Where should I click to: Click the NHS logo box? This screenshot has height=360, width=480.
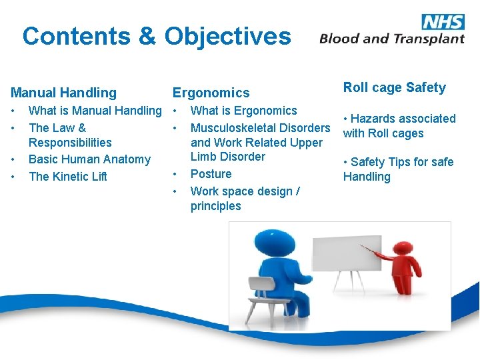pos(443,21)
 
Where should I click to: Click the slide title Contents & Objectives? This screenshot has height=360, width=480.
pos(157,36)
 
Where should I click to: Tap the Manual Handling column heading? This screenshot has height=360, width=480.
pos(63,93)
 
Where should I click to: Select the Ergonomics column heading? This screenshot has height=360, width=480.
pos(211,93)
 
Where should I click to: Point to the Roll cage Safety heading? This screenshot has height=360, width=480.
pos(394,87)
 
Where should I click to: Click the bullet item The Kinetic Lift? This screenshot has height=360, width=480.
pos(68,177)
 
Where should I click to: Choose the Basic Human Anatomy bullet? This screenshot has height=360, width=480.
pos(89,159)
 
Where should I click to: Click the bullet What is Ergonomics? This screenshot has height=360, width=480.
pos(243,111)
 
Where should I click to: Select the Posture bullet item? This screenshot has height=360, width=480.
pos(211,174)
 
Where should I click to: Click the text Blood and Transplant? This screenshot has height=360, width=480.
pos(391,39)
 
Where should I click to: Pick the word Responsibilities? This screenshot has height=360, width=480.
pos(70,143)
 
